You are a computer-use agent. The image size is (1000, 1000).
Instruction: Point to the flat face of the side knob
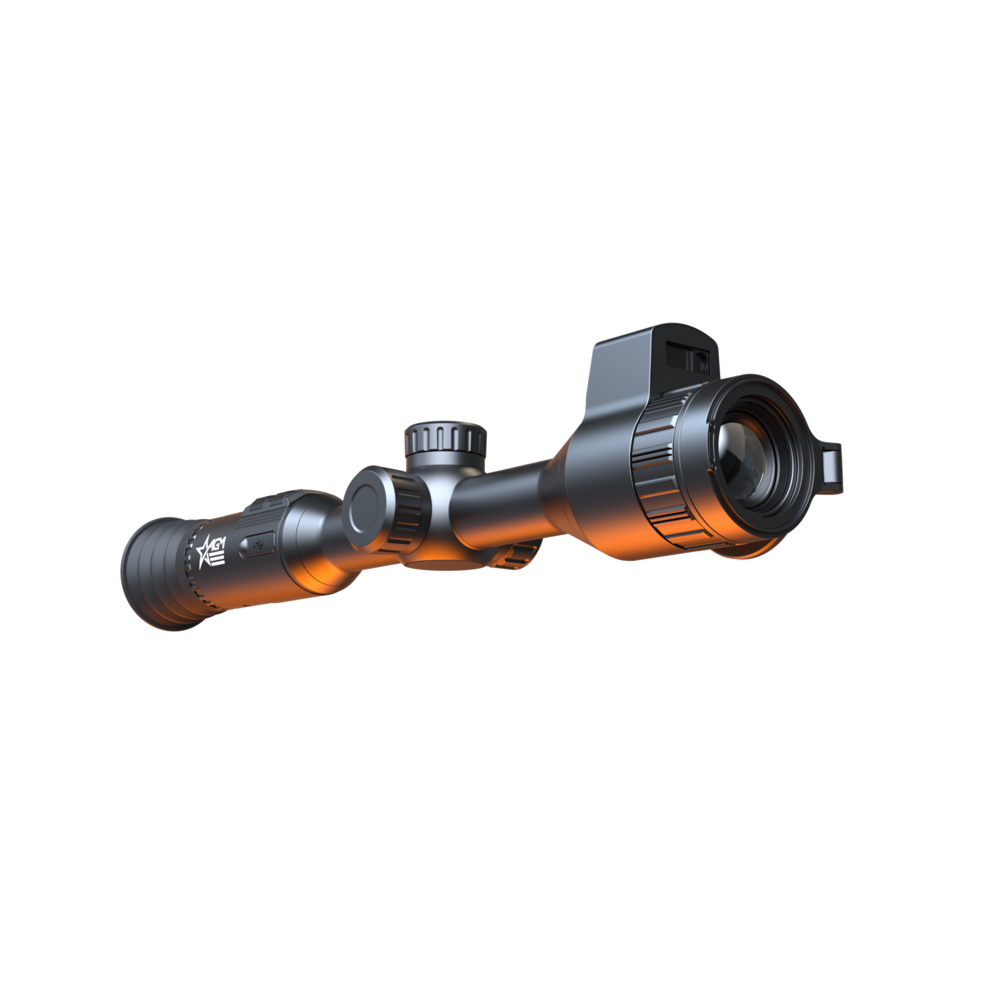click(x=369, y=507)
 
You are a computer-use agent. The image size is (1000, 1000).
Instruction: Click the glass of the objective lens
click(x=746, y=455)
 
